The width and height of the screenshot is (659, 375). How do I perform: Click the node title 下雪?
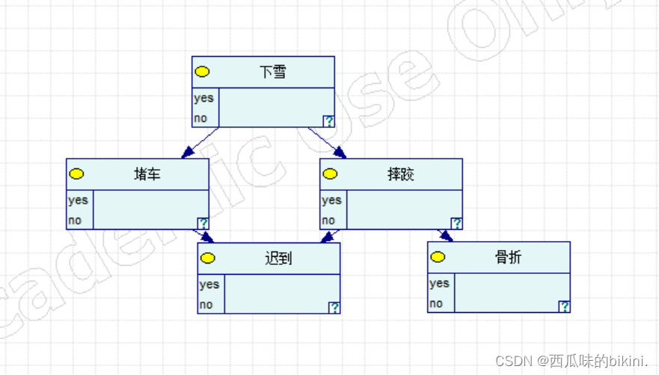click(273, 73)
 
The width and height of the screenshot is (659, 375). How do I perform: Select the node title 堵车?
click(147, 174)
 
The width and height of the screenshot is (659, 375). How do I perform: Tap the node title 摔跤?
click(401, 174)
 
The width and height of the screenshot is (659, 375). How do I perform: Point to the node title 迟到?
click(278, 259)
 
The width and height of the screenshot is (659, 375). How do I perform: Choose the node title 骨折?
click(509, 257)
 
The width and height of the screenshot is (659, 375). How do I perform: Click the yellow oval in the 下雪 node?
click(202, 72)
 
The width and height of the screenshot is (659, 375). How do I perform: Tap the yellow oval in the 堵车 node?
click(76, 174)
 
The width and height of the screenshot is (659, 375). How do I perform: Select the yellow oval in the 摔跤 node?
click(330, 174)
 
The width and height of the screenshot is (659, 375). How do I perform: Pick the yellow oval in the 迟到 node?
click(208, 258)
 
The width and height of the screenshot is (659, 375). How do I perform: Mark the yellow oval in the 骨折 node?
click(438, 257)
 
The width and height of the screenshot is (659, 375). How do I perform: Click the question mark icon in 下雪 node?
click(328, 121)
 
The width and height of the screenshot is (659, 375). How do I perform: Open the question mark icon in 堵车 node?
click(203, 223)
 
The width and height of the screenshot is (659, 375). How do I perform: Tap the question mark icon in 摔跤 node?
click(456, 223)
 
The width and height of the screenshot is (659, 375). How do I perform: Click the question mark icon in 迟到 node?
click(334, 308)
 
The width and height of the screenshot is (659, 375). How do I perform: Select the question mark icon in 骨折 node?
click(564, 306)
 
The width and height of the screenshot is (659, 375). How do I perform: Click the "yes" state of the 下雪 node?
click(203, 98)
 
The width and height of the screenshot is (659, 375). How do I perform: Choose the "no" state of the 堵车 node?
click(75, 221)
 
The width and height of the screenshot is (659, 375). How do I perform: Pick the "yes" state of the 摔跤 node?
click(331, 200)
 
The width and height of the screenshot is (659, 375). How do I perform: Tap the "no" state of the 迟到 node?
click(206, 305)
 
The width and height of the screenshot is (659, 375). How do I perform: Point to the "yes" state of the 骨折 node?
click(439, 283)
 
